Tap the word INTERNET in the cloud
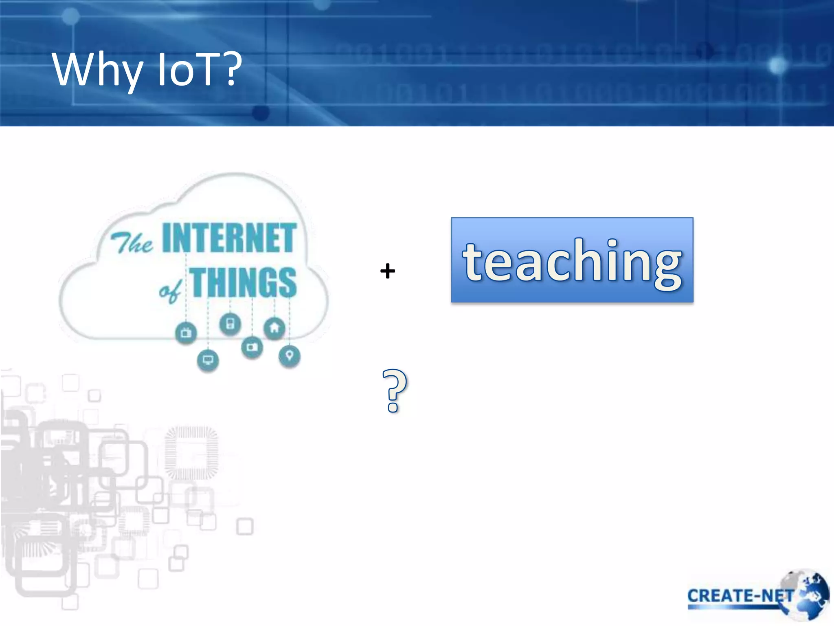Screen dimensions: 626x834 pos(229,238)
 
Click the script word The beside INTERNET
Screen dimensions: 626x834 pos(131,244)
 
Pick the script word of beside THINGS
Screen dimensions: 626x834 pos(169,290)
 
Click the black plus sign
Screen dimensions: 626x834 pos(387,271)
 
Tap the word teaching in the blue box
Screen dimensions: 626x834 pos(572,261)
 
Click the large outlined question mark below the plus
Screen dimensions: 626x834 pos(394,390)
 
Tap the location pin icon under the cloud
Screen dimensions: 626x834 pos(289,356)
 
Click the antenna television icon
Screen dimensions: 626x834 pos(186,333)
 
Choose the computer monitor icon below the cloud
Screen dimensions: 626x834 pos(208,360)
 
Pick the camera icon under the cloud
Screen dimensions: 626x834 pos(252,347)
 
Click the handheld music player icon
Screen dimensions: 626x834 pos(230,324)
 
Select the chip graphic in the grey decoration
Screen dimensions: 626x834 pos(191,452)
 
